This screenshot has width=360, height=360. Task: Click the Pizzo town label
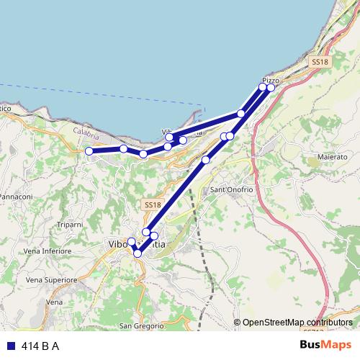tap(271, 80)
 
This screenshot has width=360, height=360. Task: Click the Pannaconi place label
tap(16, 197)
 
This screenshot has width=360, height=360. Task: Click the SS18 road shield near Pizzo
tap(320, 63)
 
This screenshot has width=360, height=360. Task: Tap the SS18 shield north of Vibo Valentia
tap(151, 205)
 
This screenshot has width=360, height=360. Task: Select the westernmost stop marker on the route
tap(89, 151)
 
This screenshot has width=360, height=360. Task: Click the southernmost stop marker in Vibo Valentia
tap(138, 253)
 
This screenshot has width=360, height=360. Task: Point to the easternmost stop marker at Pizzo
tap(271, 88)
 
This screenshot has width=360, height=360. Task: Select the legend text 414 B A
tap(40, 346)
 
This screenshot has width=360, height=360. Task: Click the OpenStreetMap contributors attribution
tap(297, 323)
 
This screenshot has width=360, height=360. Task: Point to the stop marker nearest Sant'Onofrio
tap(206, 160)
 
